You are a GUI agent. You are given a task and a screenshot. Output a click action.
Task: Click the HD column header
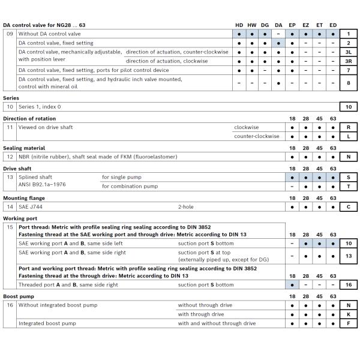tap(239, 25)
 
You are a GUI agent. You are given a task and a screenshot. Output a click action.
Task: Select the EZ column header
tap(305, 25)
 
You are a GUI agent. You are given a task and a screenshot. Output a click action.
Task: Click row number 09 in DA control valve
tap(10, 34)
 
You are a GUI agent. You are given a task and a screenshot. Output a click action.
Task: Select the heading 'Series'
tap(11, 97)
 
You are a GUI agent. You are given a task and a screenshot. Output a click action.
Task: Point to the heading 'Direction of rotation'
tap(29, 118)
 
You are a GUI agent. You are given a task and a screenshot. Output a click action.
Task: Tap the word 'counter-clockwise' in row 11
tap(256, 136)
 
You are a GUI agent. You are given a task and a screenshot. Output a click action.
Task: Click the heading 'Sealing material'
tap(24, 148)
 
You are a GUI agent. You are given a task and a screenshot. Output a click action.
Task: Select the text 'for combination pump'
tap(130, 186)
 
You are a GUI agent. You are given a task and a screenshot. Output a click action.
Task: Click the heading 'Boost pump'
tap(19, 296)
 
